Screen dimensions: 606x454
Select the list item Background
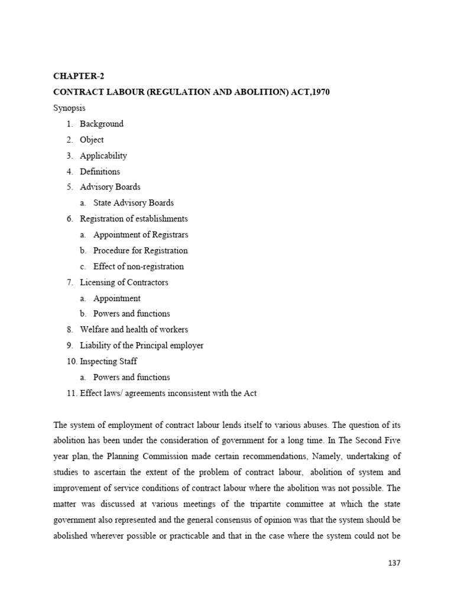[x=102, y=124]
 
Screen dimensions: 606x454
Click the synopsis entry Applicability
[x=103, y=156]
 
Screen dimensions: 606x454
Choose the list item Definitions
[x=100, y=172]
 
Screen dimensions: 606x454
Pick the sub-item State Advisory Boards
[x=134, y=203]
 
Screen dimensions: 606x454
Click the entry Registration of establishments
[x=134, y=219]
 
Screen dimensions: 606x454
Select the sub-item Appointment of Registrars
[x=141, y=235]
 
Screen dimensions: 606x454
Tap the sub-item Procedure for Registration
[x=141, y=250]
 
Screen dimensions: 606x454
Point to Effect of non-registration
[x=138, y=266]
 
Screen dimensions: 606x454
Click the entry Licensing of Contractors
[x=124, y=282]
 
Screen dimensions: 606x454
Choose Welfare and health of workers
[x=134, y=330]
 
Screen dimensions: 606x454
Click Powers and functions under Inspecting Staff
[x=132, y=377]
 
